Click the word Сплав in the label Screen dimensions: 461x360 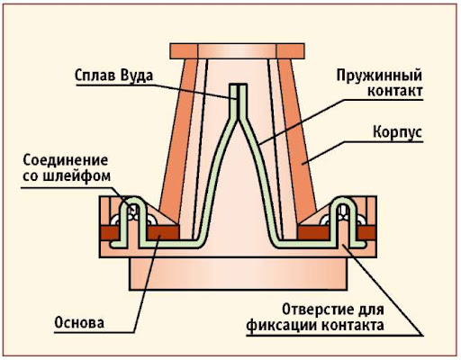click(x=95, y=75)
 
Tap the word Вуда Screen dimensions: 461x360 click(x=137, y=76)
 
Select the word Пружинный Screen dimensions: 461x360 click(x=379, y=75)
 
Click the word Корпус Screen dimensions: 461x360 click(x=397, y=131)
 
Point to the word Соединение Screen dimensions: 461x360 click(x=66, y=160)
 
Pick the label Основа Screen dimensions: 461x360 click(x=79, y=323)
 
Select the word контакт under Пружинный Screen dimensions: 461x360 click(x=395, y=91)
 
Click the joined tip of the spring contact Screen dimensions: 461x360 click(x=239, y=85)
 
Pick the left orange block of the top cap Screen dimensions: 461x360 click(x=184, y=51)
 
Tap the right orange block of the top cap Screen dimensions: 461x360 click(x=290, y=51)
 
